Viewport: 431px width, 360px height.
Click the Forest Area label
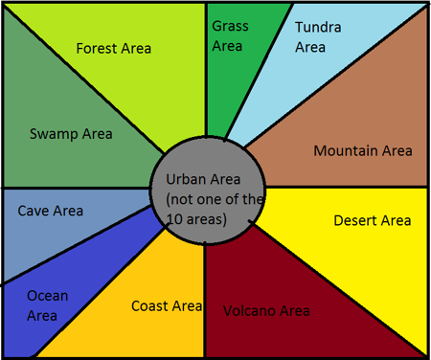113,48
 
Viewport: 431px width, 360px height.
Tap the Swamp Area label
71,134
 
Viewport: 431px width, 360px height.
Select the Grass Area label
227,35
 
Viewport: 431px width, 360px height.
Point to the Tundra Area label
317,36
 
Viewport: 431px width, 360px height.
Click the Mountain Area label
363,150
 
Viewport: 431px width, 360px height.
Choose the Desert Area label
372,221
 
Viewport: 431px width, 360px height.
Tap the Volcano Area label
266,311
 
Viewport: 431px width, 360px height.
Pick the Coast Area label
167,306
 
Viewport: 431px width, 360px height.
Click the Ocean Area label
47,305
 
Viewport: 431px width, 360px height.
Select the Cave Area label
51,211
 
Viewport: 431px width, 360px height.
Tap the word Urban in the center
184,180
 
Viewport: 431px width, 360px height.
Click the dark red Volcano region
287,278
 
